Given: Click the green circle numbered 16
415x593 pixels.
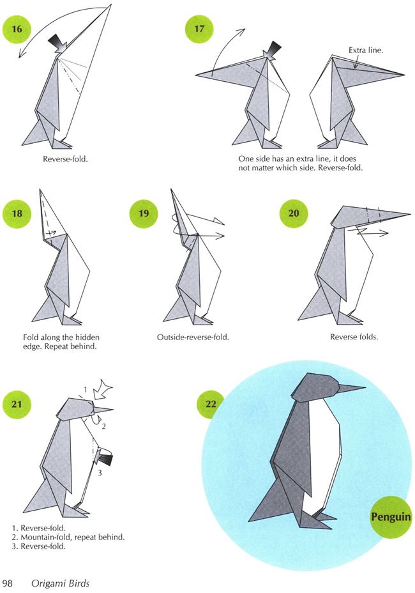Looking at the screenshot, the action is coord(17,29).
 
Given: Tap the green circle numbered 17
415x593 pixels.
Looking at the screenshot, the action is coord(199,29).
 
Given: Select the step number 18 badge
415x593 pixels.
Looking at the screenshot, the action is coord(17,213).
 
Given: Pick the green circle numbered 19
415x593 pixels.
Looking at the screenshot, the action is coord(144,213).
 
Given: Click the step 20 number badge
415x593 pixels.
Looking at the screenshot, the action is coord(294,213).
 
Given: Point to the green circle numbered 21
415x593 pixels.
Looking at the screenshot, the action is coord(17,404).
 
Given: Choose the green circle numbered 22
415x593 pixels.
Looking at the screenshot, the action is coord(210,404).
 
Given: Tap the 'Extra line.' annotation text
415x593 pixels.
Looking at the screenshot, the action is coord(365,50).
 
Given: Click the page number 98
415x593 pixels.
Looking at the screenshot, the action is coord(7,583).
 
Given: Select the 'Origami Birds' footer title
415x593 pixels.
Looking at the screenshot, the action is coord(61,583).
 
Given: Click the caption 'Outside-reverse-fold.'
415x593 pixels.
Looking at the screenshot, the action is coord(193,337).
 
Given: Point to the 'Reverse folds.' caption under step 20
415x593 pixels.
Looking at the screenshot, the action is coord(354,337).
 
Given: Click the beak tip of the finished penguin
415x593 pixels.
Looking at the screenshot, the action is coord(365,387).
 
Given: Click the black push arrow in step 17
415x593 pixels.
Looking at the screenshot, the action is coord(273,50).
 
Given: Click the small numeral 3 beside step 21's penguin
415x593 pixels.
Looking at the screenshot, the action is coord(100,473).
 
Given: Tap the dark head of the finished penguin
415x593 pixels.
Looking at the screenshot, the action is coord(316,388).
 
